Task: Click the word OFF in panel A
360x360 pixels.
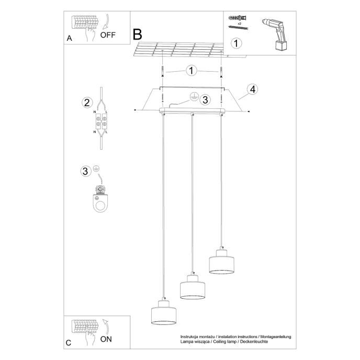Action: click(107, 36)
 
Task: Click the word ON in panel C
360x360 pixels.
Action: click(106, 339)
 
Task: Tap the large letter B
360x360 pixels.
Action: click(138, 35)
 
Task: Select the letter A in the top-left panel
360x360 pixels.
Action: click(69, 39)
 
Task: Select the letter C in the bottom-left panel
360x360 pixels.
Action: click(69, 343)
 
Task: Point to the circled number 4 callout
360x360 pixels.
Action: click(252, 89)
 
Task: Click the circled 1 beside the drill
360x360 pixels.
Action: click(237, 43)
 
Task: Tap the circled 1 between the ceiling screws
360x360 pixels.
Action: click(192, 70)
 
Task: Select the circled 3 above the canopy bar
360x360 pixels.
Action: click(205, 98)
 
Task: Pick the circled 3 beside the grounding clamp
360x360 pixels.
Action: click(86, 171)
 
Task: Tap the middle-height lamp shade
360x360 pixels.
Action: click(192, 288)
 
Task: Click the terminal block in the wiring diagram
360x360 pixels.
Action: click(100, 122)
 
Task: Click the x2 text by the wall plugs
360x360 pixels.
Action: click(239, 24)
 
